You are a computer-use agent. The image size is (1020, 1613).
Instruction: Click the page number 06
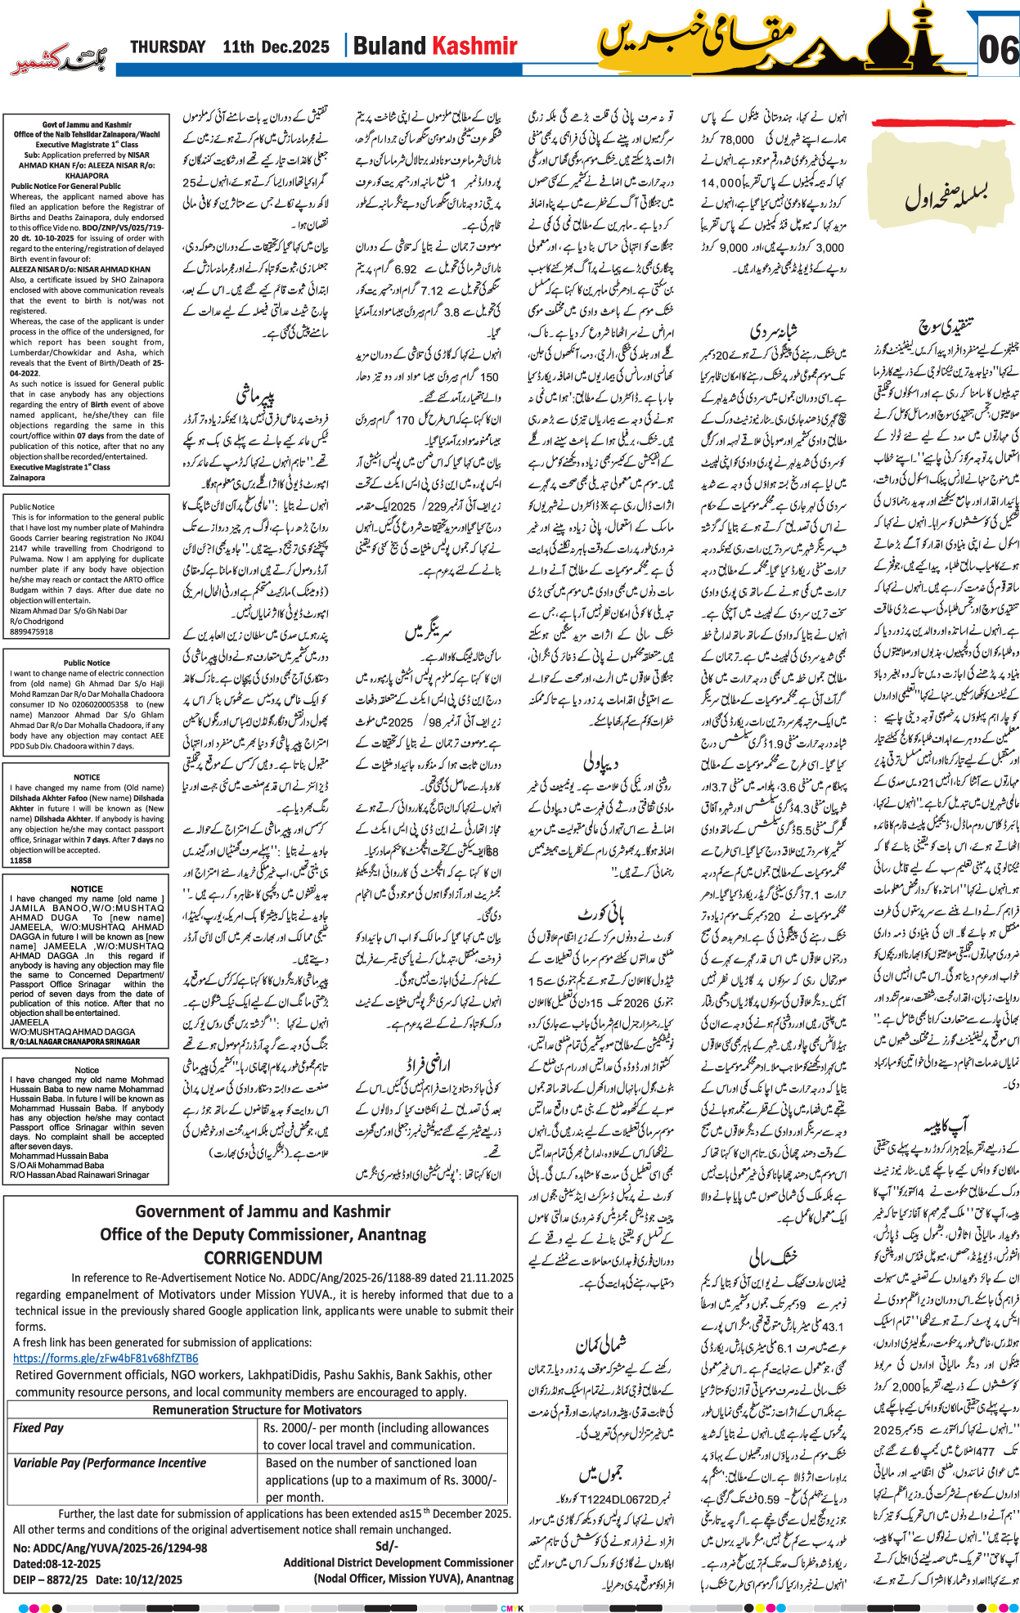[x=998, y=51]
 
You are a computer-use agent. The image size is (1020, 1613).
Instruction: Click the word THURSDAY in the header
[x=168, y=47]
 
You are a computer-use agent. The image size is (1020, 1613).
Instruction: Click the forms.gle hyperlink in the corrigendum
[x=106, y=1359]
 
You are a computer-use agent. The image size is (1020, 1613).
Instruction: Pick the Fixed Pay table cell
[x=38, y=1427]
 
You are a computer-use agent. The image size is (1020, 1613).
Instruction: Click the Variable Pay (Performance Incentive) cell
[x=110, y=1462]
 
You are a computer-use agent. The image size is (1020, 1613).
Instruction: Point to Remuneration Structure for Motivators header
[x=257, y=1409]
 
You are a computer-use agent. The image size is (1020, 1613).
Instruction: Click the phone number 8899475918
[x=32, y=631]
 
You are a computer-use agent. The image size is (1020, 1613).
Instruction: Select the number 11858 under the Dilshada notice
[x=21, y=860]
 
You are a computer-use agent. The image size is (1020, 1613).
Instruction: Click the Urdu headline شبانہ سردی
[x=774, y=331]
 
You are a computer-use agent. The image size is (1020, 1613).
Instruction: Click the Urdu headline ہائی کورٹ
[x=601, y=913]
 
